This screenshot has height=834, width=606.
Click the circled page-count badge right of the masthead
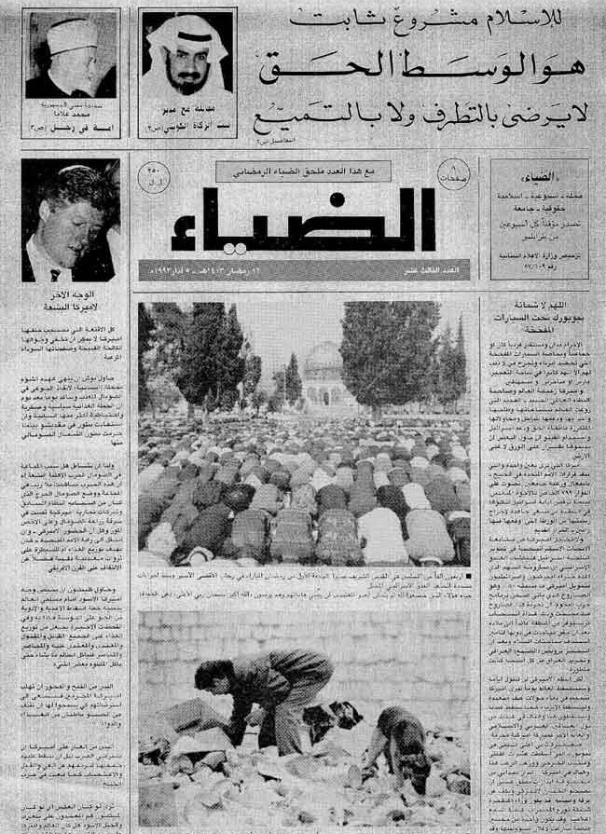coord(454,175)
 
